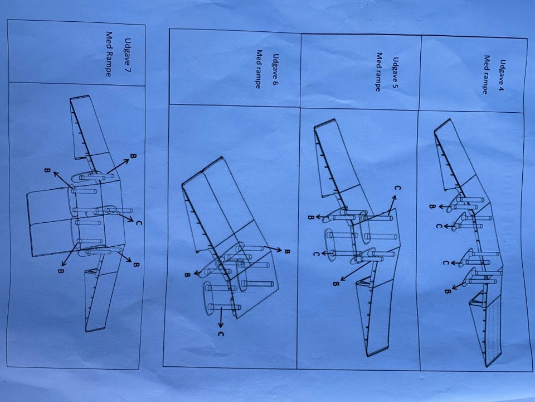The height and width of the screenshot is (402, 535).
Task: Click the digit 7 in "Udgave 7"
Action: tap(127, 69)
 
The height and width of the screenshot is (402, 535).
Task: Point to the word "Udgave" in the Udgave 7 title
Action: tap(128, 51)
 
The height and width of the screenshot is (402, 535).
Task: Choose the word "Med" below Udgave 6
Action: tap(259, 57)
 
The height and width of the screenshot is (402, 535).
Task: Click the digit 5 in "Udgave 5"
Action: tap(395, 85)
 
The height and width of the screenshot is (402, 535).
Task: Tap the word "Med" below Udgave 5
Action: tap(379, 60)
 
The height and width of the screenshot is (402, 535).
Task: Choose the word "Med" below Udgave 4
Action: tap(487, 63)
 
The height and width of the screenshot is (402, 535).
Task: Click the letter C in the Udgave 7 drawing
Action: tap(139, 223)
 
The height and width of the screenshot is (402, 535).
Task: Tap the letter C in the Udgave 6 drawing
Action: tap(221, 334)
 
